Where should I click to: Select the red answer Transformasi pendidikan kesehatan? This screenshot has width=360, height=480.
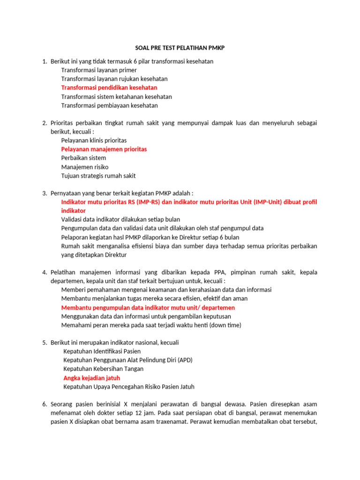[109, 88]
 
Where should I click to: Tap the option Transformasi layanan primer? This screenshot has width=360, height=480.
[99, 70]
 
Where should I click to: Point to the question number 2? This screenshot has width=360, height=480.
[45, 123]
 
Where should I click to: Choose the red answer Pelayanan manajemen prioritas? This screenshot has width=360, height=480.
[104, 149]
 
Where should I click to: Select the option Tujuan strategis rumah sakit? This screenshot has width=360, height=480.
[98, 176]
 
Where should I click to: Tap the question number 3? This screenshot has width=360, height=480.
[45, 193]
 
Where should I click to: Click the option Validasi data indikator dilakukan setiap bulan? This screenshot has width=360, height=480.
[120, 219]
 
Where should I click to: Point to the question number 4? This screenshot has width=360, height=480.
[45, 272]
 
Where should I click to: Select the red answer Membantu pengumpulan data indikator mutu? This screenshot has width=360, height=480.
[148, 307]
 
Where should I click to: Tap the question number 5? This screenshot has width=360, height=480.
[45, 343]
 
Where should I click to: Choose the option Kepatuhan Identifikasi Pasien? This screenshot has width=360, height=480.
[102, 351]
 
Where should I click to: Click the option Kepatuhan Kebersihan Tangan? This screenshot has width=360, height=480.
[103, 369]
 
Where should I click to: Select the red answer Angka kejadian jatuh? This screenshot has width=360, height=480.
[91, 378]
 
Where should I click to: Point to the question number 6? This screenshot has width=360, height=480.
[45, 404]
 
